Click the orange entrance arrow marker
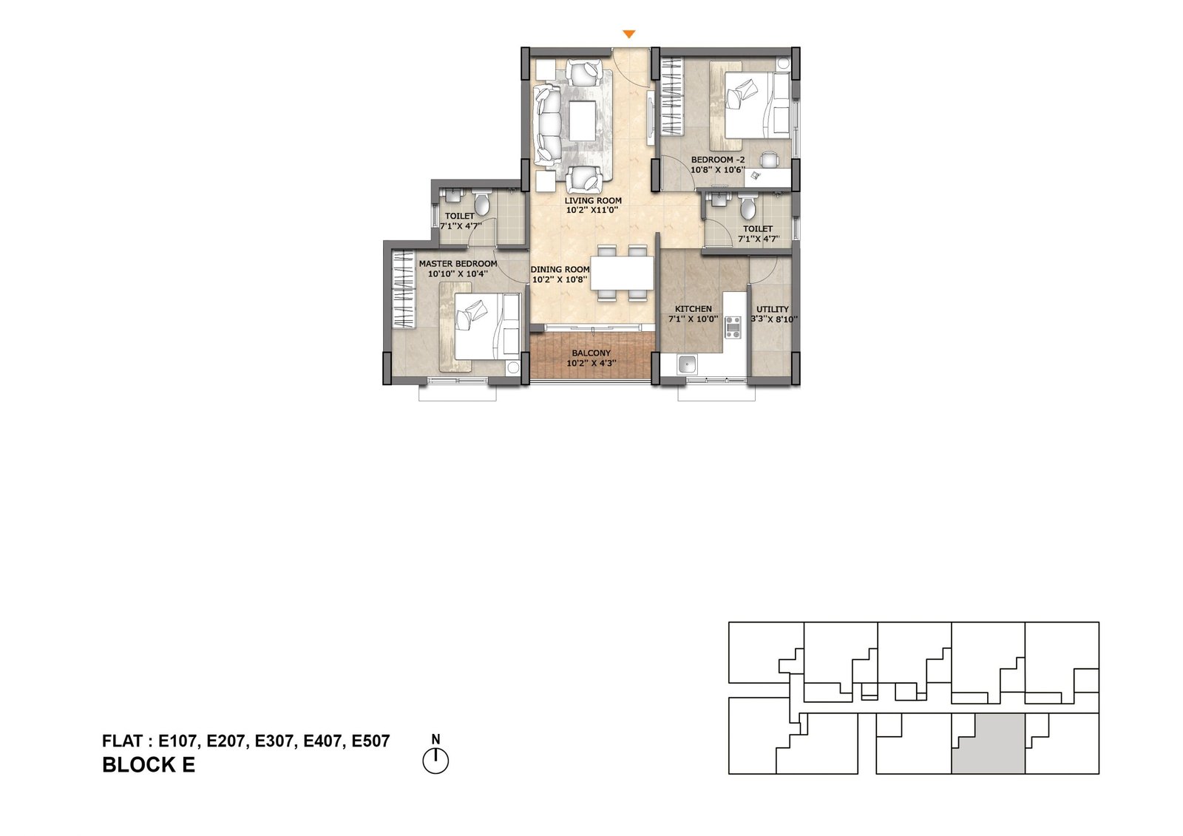[628, 34]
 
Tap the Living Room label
[593, 200]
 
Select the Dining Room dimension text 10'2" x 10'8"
[560, 279]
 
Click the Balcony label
[591, 353]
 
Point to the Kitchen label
[694, 309]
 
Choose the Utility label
[773, 310]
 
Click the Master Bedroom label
[458, 264]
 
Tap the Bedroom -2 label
[718, 160]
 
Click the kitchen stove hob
[733, 327]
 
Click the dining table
[622, 273]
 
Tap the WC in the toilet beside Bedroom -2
[748, 208]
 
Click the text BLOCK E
[149, 765]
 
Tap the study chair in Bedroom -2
[768, 160]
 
